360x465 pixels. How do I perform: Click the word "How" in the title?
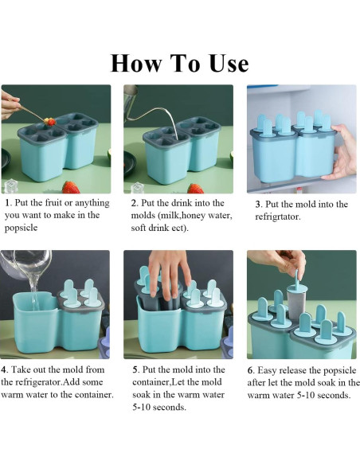tap(135, 63)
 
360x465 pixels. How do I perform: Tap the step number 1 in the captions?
tap(7, 204)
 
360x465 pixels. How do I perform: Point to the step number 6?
tap(251, 369)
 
